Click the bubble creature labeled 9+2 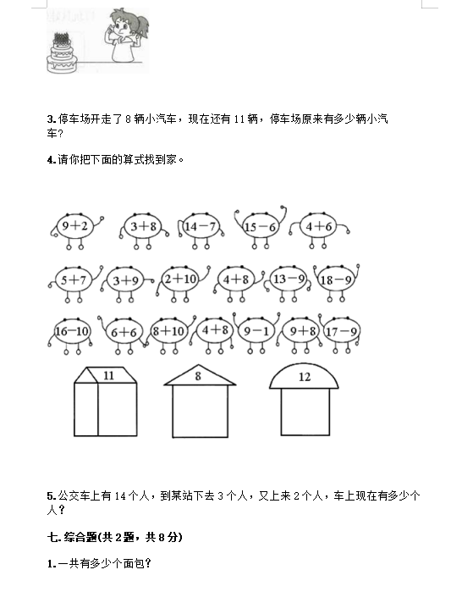(x=75, y=226)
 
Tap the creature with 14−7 (x=201, y=227)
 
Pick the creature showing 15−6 (x=261, y=227)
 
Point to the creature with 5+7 (x=74, y=279)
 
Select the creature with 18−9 (x=336, y=279)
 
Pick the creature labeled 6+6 (x=124, y=332)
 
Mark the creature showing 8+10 (x=169, y=331)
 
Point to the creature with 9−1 (x=256, y=331)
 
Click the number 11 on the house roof (x=109, y=375)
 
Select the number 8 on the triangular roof (x=198, y=376)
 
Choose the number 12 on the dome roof (x=305, y=377)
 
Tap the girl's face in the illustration (x=123, y=25)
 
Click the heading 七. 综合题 (x=114, y=537)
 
